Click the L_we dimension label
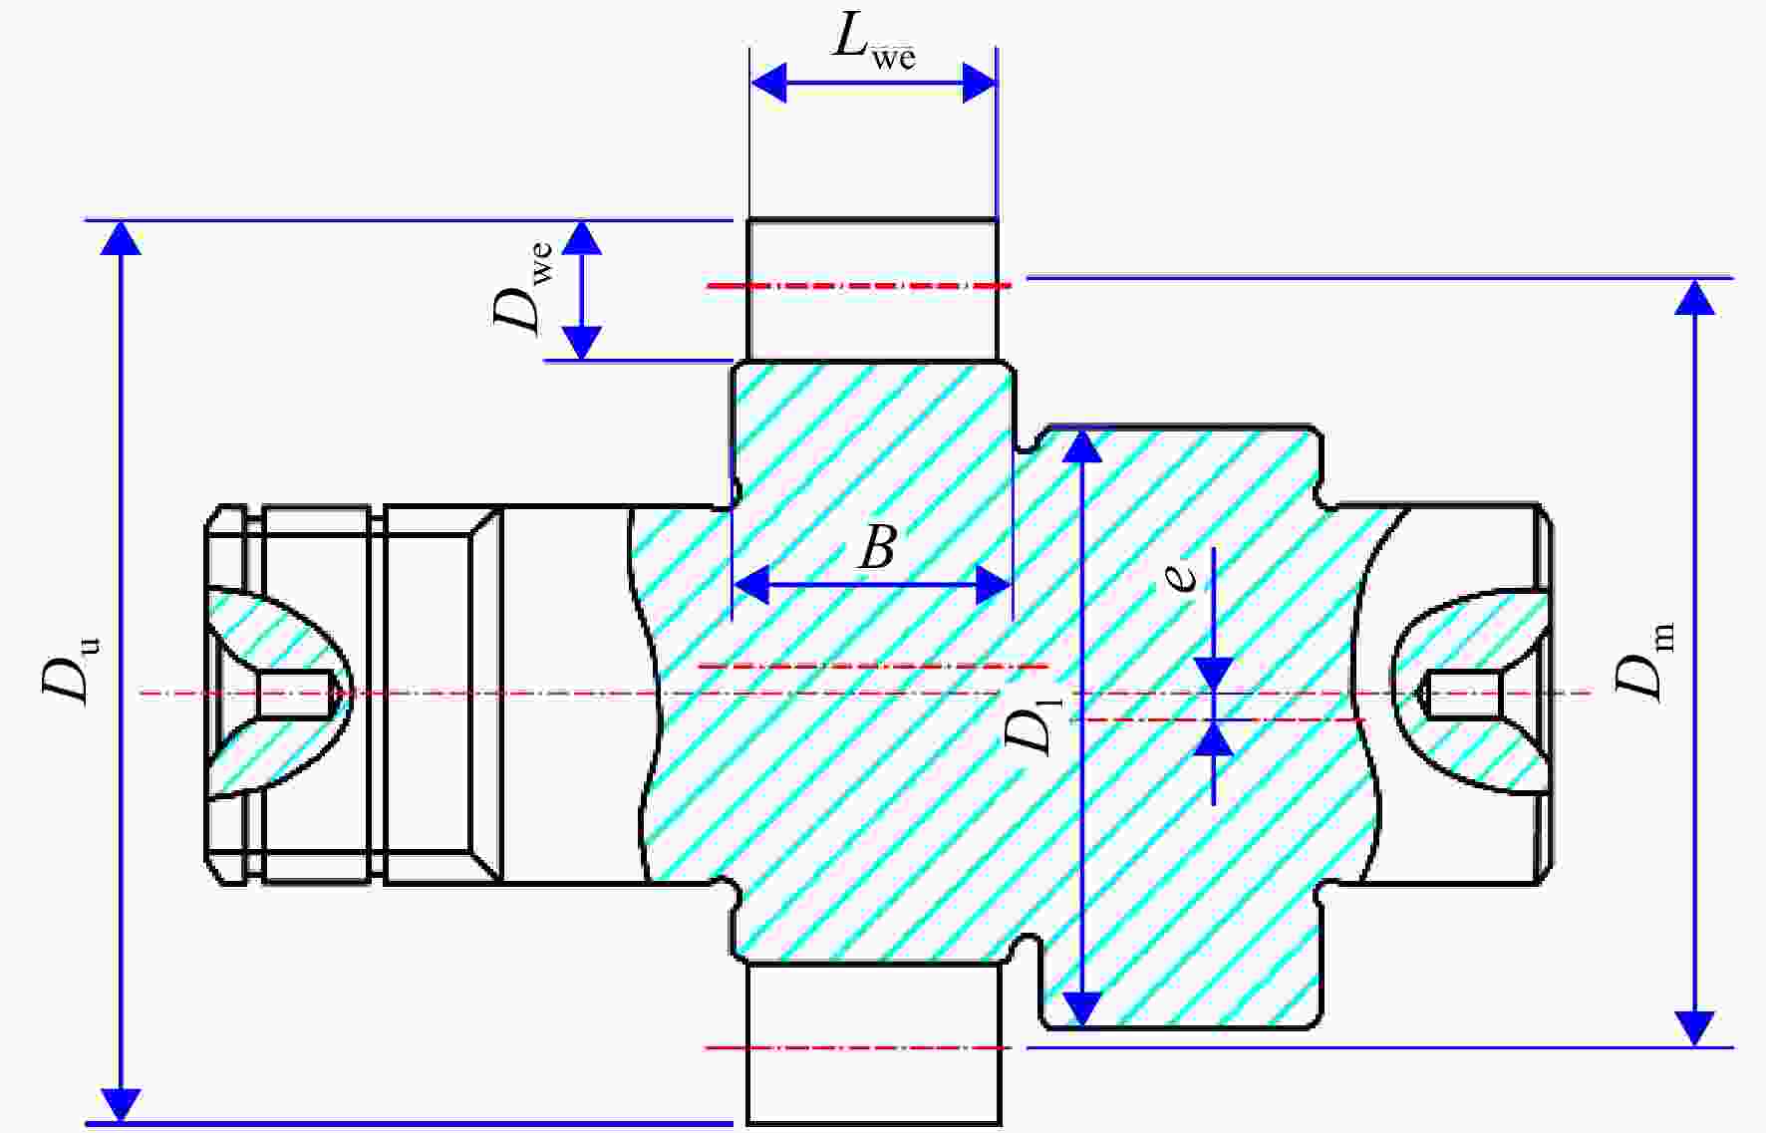click(874, 42)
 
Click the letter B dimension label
click(878, 547)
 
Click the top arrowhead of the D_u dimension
click(121, 238)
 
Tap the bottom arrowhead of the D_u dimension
click(121, 1105)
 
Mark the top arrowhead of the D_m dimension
click(1694, 297)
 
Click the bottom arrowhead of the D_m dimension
click(1694, 1028)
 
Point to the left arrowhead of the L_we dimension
click(768, 82)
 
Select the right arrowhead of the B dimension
click(994, 584)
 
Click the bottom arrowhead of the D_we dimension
click(583, 343)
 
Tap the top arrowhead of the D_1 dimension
click(1083, 446)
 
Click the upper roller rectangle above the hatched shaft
click(872, 289)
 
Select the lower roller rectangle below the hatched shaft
click(873, 1043)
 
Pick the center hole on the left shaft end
click(294, 693)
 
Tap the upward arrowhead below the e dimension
click(1214, 738)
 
